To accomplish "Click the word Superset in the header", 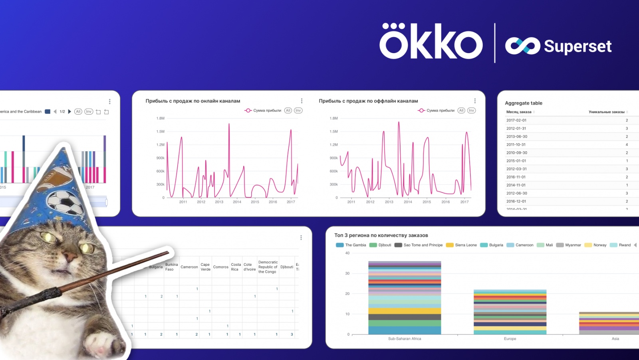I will (x=577, y=46).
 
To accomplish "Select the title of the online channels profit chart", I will (x=192, y=101).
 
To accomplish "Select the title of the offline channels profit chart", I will (x=368, y=101).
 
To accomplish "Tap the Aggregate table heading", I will (x=523, y=103).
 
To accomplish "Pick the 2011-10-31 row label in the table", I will (x=516, y=144).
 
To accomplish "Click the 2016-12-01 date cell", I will (x=516, y=201).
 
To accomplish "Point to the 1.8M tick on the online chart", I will (x=160, y=118).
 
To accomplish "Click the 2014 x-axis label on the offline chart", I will (x=408, y=202).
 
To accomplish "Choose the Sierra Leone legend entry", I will (x=465, y=245).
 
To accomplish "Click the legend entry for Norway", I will (x=599, y=245).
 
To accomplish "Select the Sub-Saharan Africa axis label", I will (x=405, y=339).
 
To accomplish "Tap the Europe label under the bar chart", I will (x=510, y=339).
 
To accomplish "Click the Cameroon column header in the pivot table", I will (x=189, y=267).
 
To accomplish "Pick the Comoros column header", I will (x=220, y=267).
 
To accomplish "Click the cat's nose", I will (x=71, y=256).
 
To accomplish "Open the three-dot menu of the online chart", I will (x=302, y=101).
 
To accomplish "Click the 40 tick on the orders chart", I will (x=347, y=253).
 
